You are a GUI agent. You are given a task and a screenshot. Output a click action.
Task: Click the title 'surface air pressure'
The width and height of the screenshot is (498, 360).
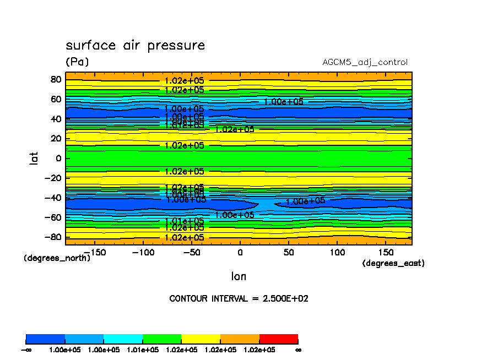[x=135, y=45]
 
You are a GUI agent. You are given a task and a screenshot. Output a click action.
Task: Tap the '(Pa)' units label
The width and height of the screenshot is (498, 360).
[x=77, y=62]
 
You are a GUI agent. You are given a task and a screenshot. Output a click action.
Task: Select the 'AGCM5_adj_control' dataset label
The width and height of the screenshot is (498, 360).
[x=365, y=62]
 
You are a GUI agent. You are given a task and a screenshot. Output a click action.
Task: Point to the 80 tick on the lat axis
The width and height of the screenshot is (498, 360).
[x=55, y=79]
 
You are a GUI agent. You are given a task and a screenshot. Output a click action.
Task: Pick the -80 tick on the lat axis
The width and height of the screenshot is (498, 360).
[x=53, y=237]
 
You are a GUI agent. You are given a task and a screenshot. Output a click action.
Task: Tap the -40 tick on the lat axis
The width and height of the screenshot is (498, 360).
[x=53, y=198]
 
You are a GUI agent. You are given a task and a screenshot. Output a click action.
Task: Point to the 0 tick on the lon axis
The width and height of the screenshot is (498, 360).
[x=240, y=252]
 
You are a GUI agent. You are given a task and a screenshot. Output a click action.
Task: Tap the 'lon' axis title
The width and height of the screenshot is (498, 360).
[x=239, y=276]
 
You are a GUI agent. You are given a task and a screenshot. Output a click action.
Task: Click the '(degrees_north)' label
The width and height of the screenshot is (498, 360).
[x=57, y=258]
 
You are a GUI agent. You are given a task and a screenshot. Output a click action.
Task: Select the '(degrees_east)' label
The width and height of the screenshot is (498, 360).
[x=393, y=263]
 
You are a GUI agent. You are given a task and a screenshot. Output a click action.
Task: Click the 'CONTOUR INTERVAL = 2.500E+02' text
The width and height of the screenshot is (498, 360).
[x=239, y=298]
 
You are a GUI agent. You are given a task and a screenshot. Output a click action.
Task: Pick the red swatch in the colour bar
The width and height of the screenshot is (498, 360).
[x=278, y=338]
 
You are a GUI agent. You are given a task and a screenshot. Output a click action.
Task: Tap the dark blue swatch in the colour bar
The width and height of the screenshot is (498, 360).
[x=46, y=338]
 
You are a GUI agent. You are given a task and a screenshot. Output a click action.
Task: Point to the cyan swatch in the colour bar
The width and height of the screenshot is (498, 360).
[x=123, y=338]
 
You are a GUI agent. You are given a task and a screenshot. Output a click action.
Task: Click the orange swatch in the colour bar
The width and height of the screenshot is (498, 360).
[x=240, y=338]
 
